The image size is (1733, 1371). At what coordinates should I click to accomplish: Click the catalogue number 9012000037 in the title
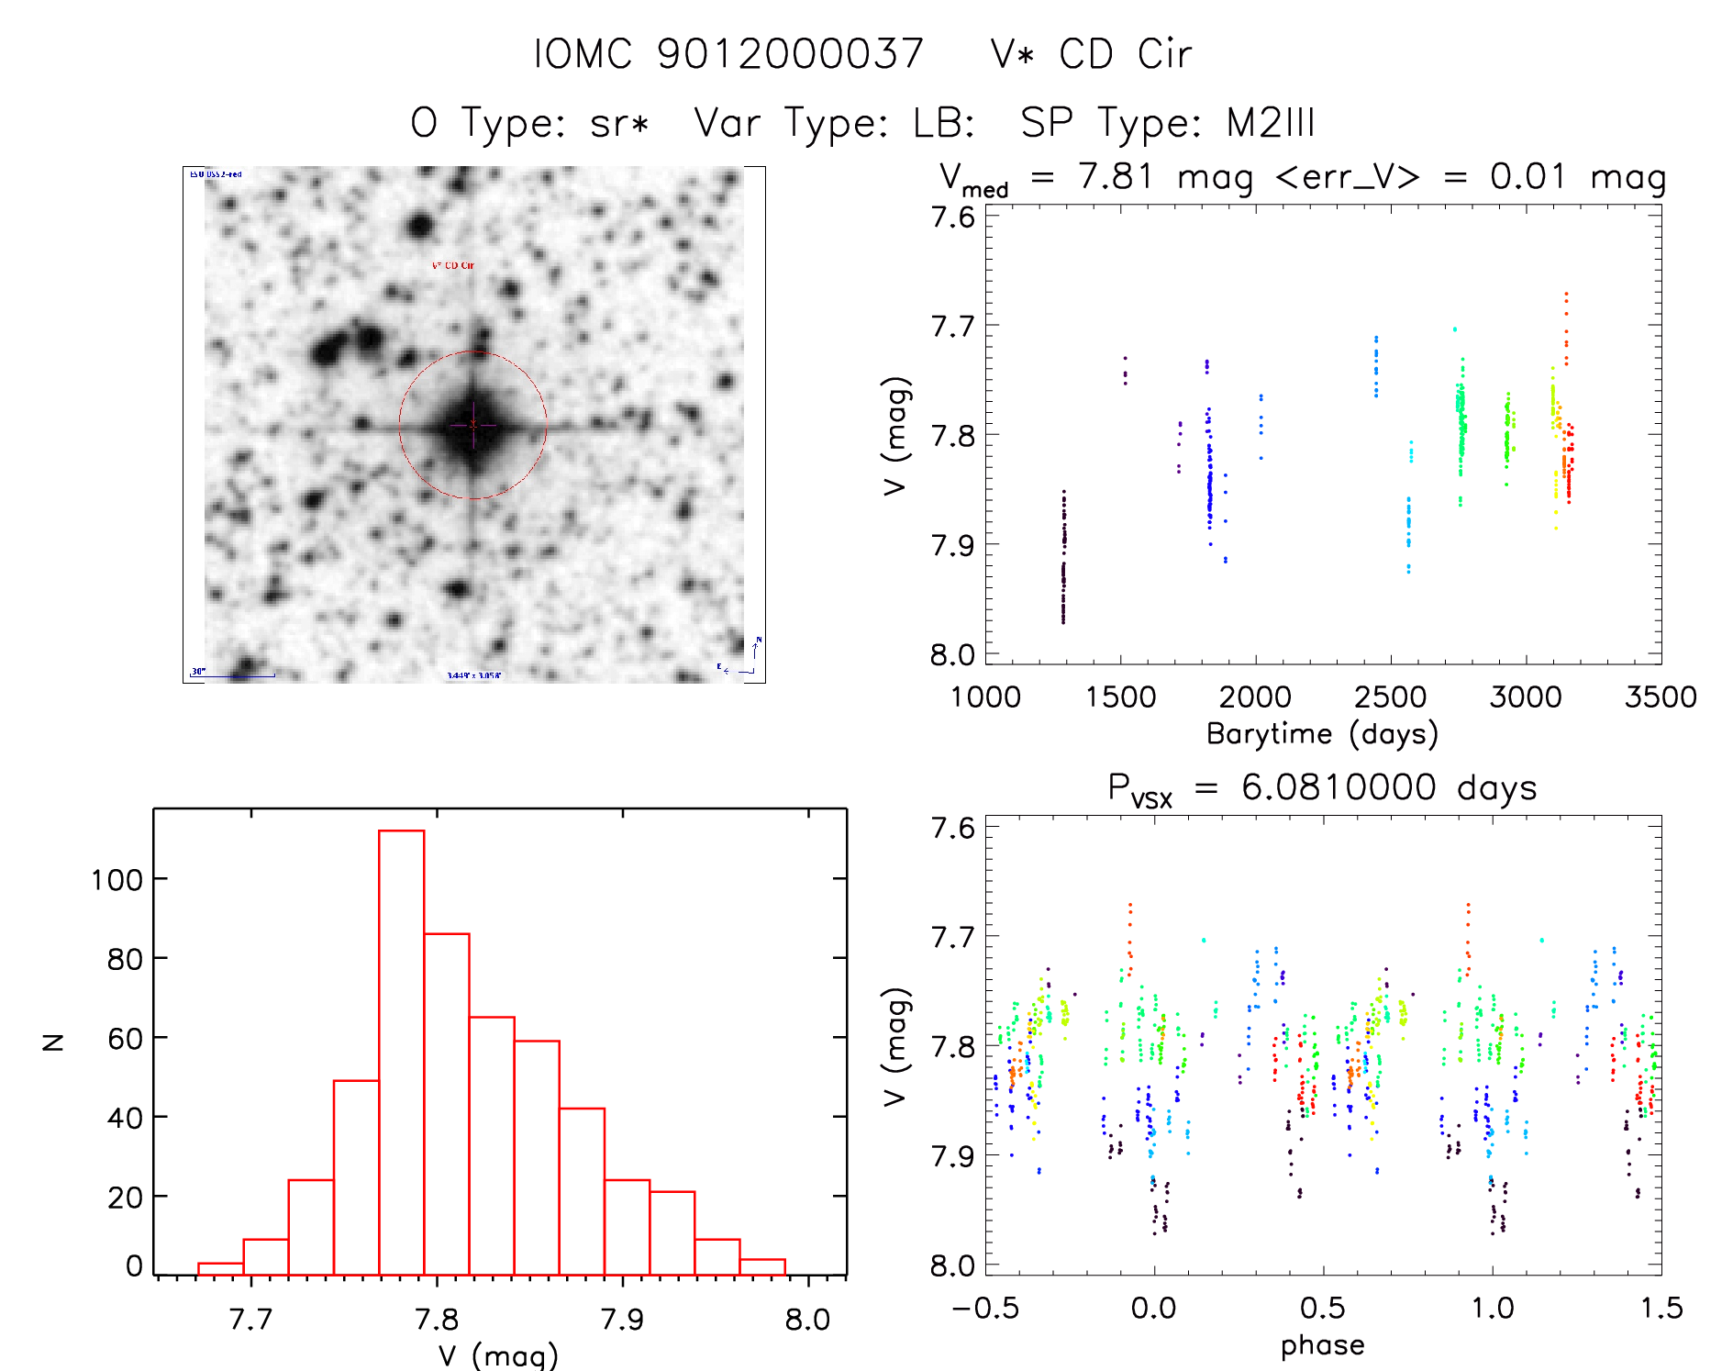coord(790,54)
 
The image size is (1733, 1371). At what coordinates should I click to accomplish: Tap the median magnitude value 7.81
coord(1115,176)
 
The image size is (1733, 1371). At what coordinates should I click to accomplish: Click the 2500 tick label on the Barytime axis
coord(1390,697)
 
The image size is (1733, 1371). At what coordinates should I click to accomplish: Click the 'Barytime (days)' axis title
coord(1322,734)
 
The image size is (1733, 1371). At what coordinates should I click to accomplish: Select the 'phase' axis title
coord(1322,1345)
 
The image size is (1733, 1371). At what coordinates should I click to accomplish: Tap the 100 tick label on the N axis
coord(117,880)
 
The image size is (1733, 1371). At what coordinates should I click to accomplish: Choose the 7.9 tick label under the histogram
coord(622,1320)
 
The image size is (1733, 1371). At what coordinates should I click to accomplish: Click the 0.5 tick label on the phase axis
coord(1322,1309)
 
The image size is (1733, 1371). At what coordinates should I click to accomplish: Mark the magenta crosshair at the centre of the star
coord(473,425)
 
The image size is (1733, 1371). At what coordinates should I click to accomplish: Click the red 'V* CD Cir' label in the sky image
coord(453,266)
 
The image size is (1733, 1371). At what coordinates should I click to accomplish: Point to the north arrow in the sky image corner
coord(755,650)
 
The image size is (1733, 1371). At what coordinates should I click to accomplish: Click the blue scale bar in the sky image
coord(233,676)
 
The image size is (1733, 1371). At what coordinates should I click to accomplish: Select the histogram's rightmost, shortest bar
coord(762,1266)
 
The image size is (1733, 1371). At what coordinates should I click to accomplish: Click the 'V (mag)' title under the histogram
coord(498,1355)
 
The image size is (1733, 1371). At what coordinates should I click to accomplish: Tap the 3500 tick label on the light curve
coord(1660,697)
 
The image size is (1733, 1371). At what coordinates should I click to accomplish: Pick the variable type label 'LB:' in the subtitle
coord(943,123)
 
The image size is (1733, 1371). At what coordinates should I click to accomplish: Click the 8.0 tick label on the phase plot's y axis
coord(952,1266)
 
